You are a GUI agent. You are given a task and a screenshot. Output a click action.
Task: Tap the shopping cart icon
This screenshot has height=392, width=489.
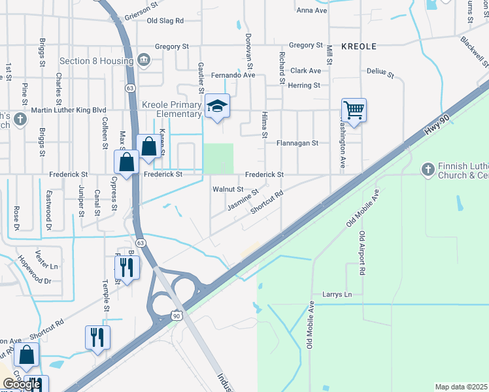354,110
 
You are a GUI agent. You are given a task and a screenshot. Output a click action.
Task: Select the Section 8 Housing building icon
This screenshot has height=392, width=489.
144,61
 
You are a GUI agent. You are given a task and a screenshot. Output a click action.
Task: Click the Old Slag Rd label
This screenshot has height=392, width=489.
165,21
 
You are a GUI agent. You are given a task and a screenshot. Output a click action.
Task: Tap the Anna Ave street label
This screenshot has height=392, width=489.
311,10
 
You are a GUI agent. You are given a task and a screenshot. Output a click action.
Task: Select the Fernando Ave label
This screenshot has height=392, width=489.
233,75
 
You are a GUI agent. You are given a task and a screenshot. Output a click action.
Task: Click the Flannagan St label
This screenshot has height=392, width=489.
297,142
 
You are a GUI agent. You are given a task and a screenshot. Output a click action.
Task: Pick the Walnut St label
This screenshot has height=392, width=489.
228,189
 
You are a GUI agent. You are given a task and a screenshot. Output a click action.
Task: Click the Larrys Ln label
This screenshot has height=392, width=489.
337,295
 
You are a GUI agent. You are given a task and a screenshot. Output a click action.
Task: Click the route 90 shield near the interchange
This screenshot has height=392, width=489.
177,316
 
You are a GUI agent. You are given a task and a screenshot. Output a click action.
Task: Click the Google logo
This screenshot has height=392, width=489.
22,384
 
